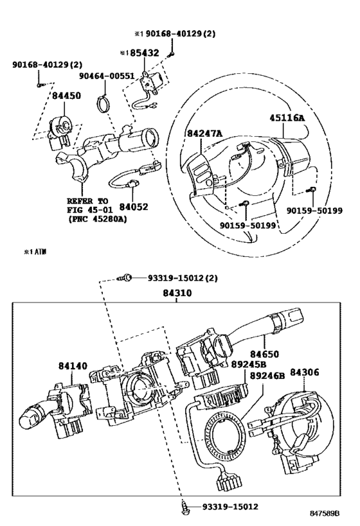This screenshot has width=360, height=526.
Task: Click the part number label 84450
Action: coord(66,96)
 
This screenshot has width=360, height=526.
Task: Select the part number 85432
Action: coord(145,53)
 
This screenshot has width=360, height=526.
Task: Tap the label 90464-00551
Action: coord(107,76)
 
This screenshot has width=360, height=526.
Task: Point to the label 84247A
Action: coord(204,134)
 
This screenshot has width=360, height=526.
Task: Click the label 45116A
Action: coord(287,118)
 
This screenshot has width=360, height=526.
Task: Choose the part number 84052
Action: coord(134,207)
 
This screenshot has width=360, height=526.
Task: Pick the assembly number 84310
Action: coord(177,293)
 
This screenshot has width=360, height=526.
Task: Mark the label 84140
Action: coord(73,365)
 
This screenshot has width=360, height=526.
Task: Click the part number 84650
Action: coord(264,355)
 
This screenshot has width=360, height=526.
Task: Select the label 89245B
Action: coord(249,365)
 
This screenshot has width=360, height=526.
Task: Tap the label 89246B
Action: coord(267,376)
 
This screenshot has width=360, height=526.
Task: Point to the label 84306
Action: coord(305,373)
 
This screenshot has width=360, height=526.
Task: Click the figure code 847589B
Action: coord(325,513)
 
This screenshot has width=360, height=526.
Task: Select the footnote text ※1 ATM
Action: coord(35,252)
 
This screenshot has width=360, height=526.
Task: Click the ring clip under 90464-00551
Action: coord(103,103)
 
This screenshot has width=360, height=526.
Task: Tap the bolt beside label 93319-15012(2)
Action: coord(125,277)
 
